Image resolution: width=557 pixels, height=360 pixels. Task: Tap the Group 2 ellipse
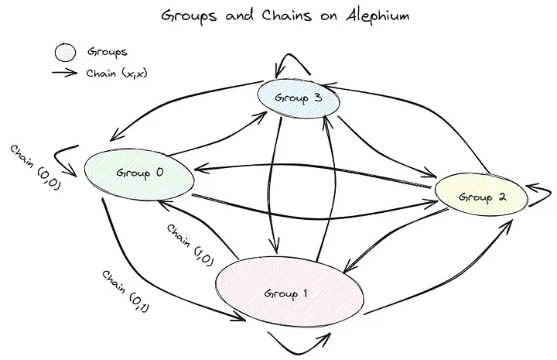click(x=481, y=195)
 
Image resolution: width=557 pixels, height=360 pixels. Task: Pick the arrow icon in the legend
click(x=67, y=74)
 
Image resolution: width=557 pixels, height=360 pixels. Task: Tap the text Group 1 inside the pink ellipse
click(x=286, y=294)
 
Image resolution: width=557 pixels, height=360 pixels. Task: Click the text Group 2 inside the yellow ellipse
click(x=482, y=197)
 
